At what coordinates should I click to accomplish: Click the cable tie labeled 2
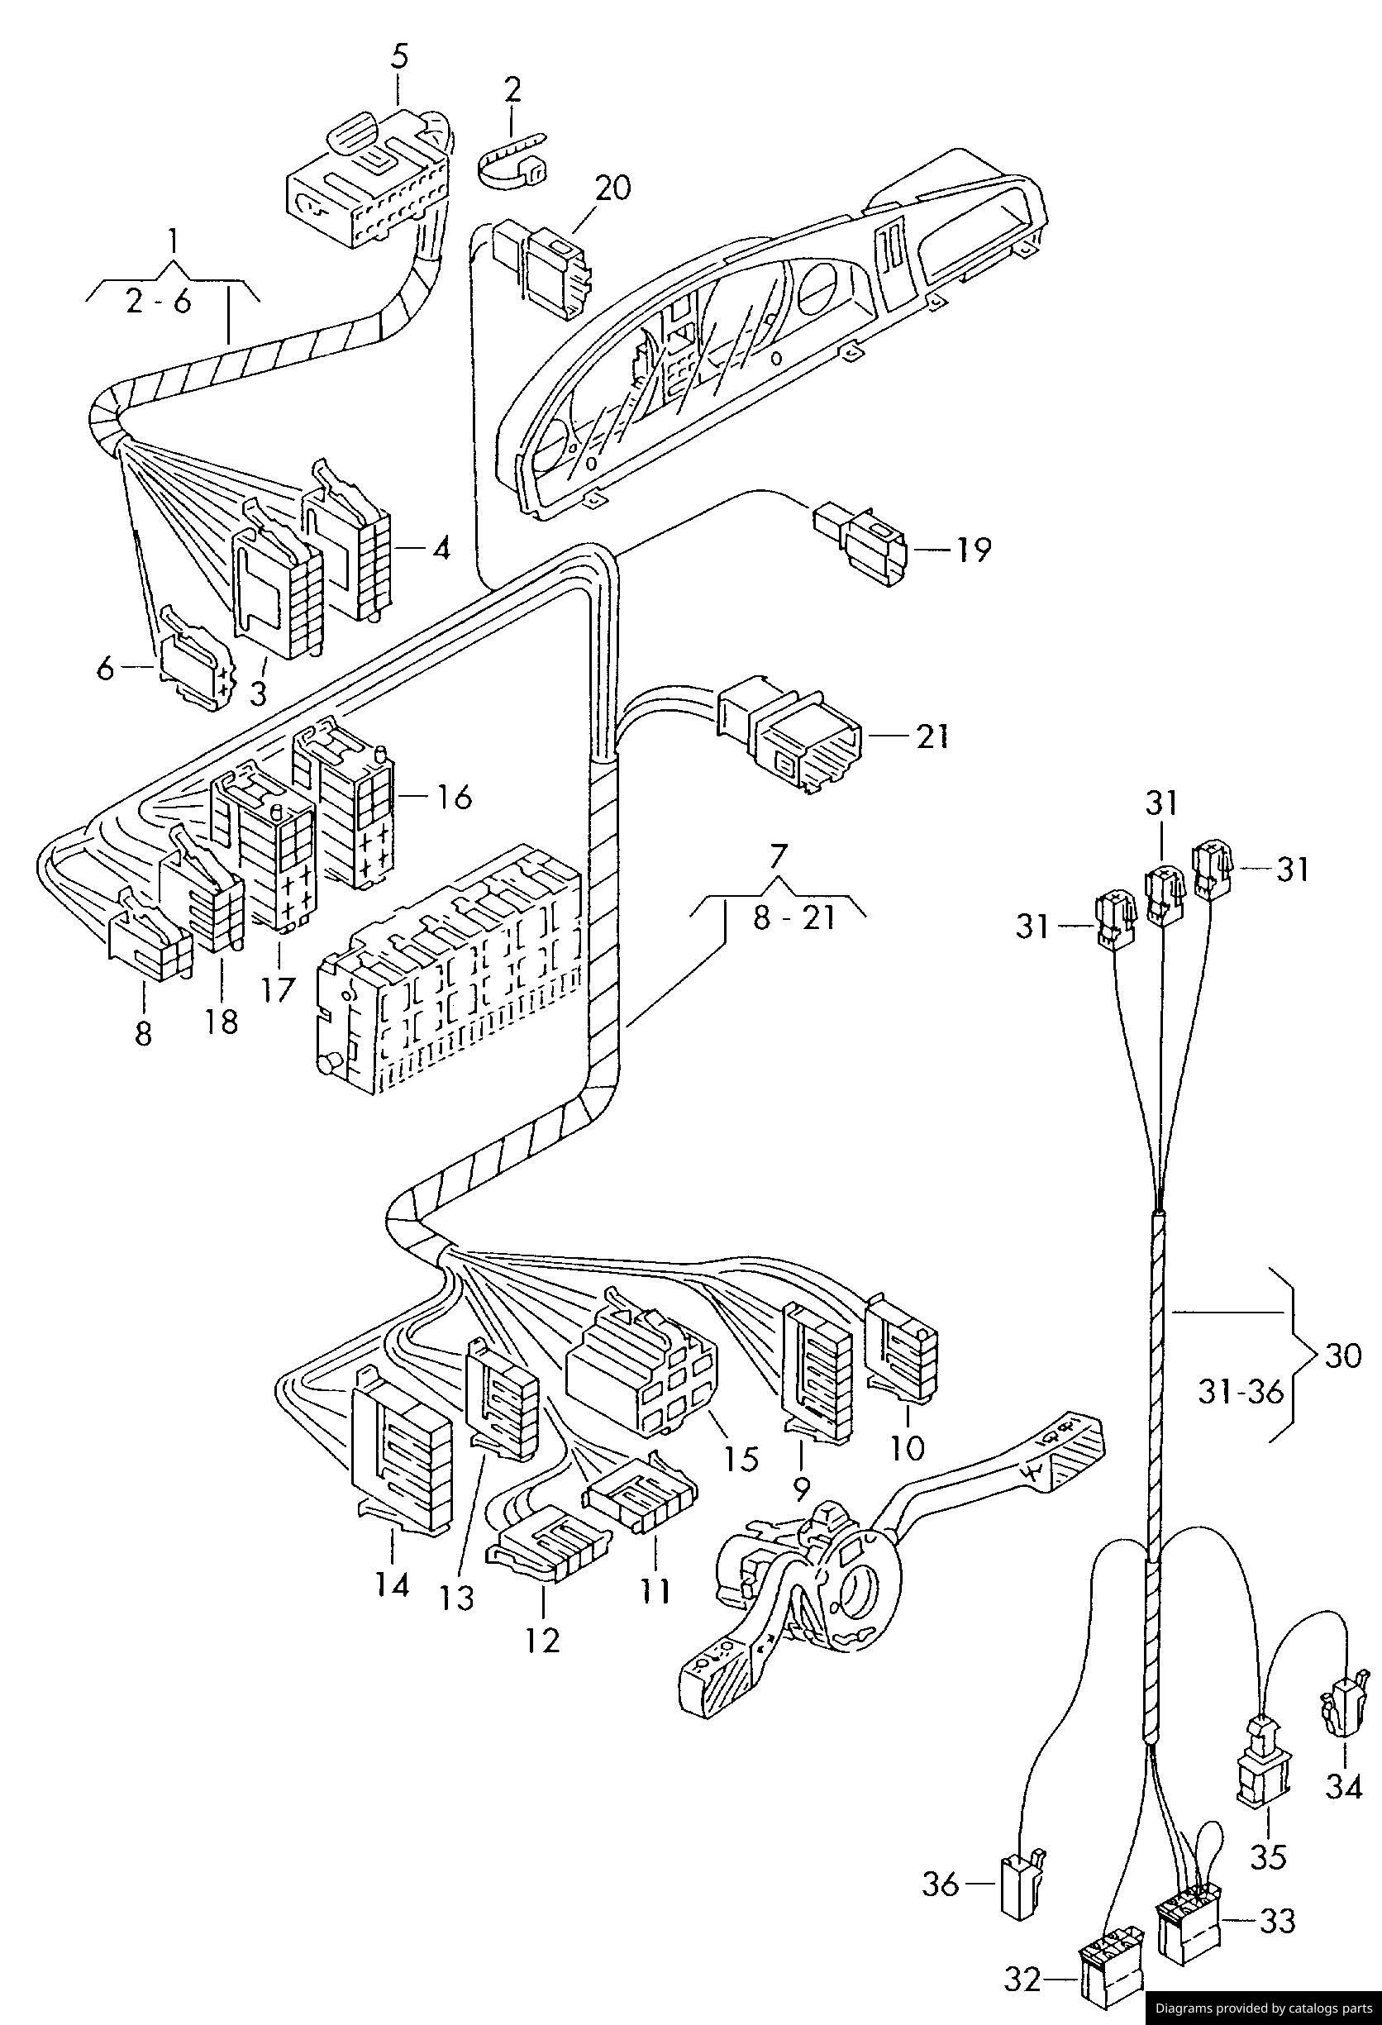tap(512, 160)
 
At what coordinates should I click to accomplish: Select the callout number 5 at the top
tap(399, 55)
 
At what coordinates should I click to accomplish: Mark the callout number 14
tap(392, 1584)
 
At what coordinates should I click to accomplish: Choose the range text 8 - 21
tap(793, 917)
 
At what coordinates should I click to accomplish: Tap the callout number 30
tap(1342, 1355)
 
